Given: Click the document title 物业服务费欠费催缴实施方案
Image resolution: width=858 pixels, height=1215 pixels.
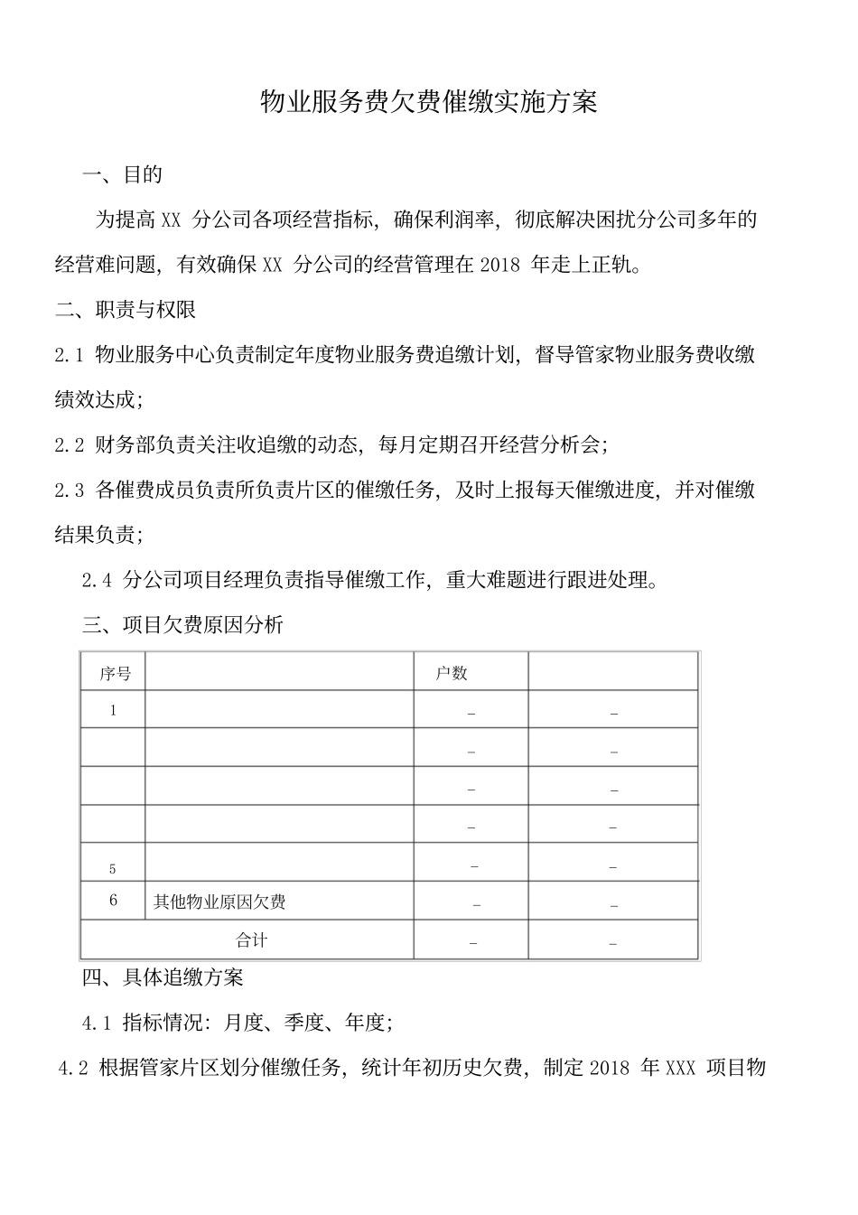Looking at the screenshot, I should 428,102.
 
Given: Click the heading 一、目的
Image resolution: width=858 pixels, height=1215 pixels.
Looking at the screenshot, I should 122,174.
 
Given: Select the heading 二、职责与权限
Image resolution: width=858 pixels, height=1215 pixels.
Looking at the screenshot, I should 126,310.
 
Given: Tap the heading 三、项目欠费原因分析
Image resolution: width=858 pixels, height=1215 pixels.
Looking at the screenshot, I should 182,624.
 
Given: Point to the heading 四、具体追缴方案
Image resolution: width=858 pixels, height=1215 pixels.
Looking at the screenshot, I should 163,977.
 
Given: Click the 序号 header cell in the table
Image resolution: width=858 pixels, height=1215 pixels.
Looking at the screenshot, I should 115,674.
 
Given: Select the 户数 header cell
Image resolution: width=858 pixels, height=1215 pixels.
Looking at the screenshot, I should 452,673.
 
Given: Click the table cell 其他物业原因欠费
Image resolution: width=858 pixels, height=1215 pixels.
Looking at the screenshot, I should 219,902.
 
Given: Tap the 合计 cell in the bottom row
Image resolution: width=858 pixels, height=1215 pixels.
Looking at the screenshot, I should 251,939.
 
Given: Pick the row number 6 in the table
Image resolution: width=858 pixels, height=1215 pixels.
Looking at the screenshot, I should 113,901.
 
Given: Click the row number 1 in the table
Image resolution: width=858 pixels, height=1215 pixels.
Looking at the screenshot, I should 113,711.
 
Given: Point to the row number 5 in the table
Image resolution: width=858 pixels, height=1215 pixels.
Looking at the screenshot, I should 113,869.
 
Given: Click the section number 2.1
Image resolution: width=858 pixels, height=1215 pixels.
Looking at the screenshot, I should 70,355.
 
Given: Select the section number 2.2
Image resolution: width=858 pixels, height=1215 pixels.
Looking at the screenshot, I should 70,444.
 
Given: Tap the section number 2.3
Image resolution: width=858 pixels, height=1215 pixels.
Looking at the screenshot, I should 70,491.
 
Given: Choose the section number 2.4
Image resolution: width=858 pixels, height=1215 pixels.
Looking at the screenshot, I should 97,580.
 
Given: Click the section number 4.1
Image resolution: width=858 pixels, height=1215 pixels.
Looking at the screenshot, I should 97,1023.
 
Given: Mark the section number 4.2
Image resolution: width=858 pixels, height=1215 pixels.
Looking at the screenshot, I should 73,1069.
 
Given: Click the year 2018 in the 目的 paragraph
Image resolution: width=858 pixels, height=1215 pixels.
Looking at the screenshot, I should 501,266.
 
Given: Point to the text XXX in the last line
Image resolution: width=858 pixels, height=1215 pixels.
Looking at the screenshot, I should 679,1069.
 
